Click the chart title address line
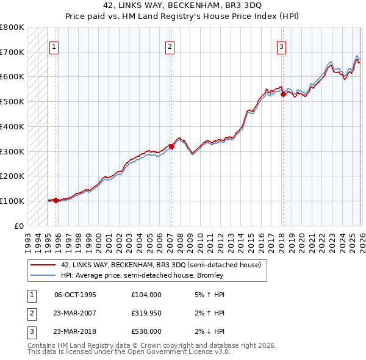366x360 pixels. (182, 6)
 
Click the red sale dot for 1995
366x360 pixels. (56, 200)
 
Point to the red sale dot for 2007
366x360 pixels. (171, 146)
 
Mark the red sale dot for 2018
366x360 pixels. (283, 94)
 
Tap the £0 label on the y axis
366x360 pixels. (19, 226)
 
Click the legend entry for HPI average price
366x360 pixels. (142, 275)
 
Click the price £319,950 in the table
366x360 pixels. (146, 313)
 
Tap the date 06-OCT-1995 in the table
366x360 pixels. (75, 295)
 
